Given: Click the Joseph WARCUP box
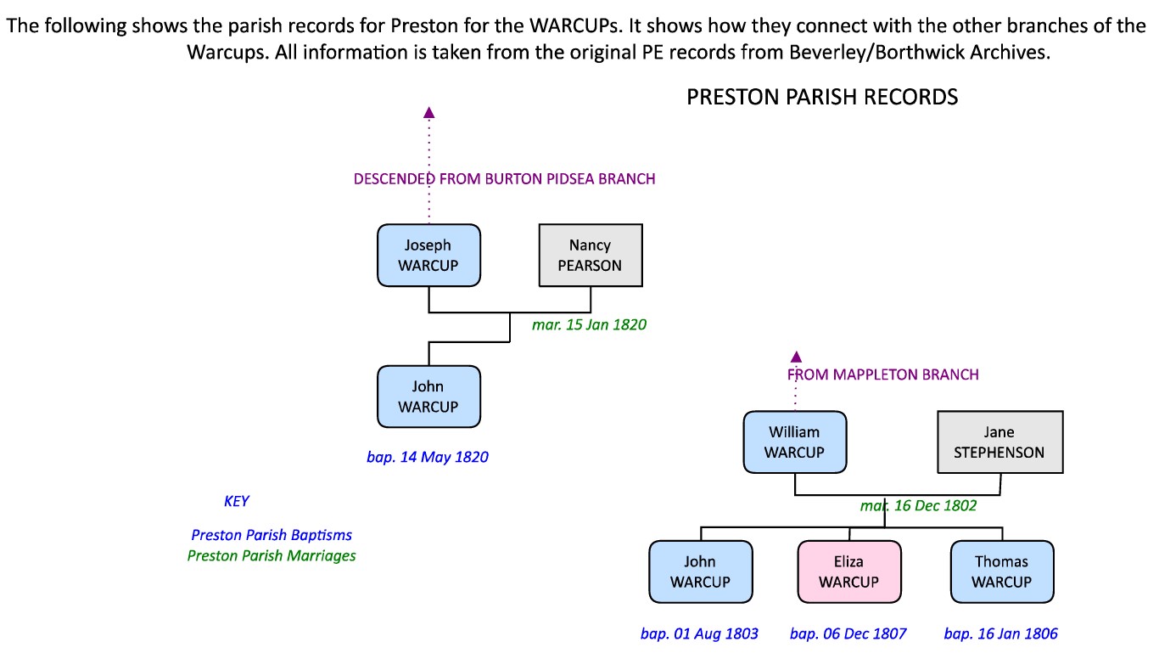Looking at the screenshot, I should click(x=428, y=256).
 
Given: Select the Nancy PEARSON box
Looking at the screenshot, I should click(x=591, y=256).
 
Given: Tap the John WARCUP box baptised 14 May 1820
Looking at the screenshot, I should click(x=428, y=397).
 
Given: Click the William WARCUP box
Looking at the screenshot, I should click(x=795, y=442).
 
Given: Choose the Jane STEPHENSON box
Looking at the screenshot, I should click(x=999, y=442).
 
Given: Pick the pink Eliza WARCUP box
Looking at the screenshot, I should click(x=848, y=571).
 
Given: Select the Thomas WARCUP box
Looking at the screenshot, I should click(x=1001, y=571).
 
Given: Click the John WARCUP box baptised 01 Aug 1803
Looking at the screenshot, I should click(x=700, y=571).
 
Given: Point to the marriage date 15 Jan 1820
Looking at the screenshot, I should click(x=589, y=324).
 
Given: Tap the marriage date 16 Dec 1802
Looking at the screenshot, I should click(x=918, y=505).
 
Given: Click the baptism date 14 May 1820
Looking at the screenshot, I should click(x=428, y=457).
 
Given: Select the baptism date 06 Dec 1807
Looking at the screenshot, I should click(x=848, y=633).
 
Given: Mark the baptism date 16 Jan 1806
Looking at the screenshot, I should click(x=1000, y=633).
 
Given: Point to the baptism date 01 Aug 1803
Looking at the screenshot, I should click(x=699, y=633).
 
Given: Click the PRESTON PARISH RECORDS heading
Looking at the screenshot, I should click(x=821, y=97).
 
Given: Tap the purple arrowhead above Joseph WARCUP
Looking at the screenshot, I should click(x=429, y=112).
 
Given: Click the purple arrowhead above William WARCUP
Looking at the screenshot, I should click(x=796, y=357).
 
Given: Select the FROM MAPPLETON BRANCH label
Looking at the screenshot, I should click(x=882, y=374).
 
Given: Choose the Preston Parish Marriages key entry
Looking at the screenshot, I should click(x=272, y=556).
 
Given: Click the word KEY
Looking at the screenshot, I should click(x=237, y=501).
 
